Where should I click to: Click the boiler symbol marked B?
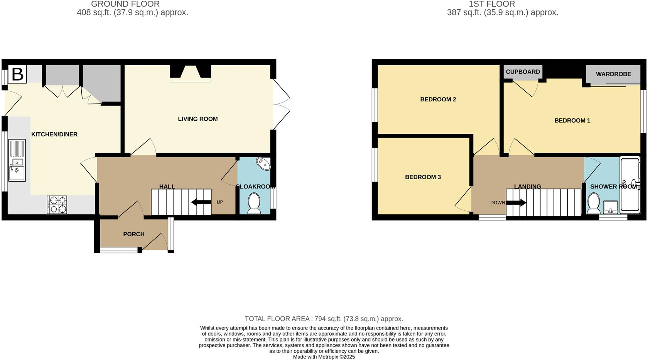[x=17, y=74]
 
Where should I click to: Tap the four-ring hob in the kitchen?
[x=57, y=205]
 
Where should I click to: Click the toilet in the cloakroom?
[x=254, y=204]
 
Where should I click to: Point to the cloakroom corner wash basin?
[x=264, y=164]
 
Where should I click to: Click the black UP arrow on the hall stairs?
[x=201, y=202]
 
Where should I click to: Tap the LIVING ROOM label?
[x=197, y=119]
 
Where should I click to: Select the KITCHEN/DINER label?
[x=54, y=135]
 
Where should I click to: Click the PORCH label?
[x=134, y=234]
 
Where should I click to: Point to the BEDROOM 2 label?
[x=438, y=99]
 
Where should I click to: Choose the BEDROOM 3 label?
[x=423, y=177]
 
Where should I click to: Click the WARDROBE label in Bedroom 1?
[x=613, y=74]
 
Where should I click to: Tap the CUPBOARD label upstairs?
[x=523, y=72]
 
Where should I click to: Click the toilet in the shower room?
[x=593, y=203]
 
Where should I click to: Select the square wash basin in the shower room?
[x=611, y=207]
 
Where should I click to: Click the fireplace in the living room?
[x=191, y=73]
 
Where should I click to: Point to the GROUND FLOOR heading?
[x=125, y=4]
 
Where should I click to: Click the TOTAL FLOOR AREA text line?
[x=324, y=319]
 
